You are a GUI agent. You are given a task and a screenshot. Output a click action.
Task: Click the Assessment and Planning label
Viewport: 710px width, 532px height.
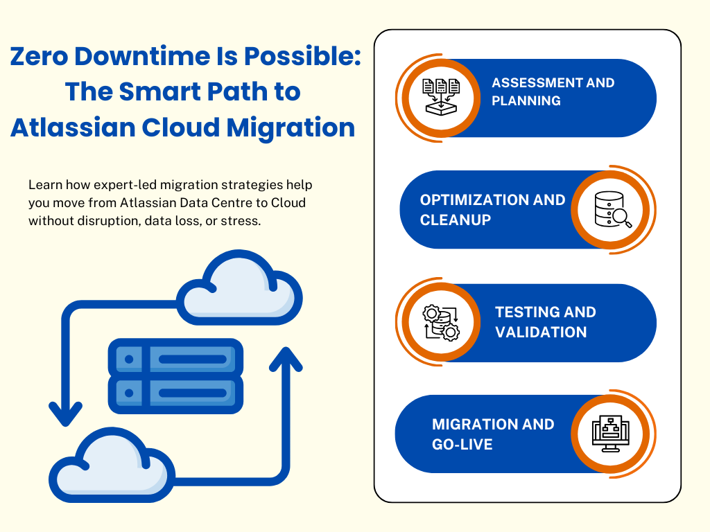tap(553, 92)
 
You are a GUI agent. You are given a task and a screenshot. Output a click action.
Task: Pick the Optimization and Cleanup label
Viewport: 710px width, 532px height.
tap(492, 210)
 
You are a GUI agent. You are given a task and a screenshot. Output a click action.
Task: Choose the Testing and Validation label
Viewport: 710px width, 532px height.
tap(545, 322)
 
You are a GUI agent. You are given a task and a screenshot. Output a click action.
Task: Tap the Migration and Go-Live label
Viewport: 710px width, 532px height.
tap(493, 434)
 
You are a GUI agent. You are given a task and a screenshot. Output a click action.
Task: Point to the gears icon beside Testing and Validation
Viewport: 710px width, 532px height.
tap(441, 322)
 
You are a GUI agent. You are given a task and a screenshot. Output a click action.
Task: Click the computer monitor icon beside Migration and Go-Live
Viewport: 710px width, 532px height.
tap(610, 434)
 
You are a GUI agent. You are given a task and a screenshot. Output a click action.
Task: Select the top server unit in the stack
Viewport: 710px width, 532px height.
tap(175, 359)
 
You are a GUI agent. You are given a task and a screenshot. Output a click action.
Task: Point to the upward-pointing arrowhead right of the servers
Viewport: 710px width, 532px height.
tap(285, 359)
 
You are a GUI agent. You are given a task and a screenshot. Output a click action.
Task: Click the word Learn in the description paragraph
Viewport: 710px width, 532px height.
tap(43, 186)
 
